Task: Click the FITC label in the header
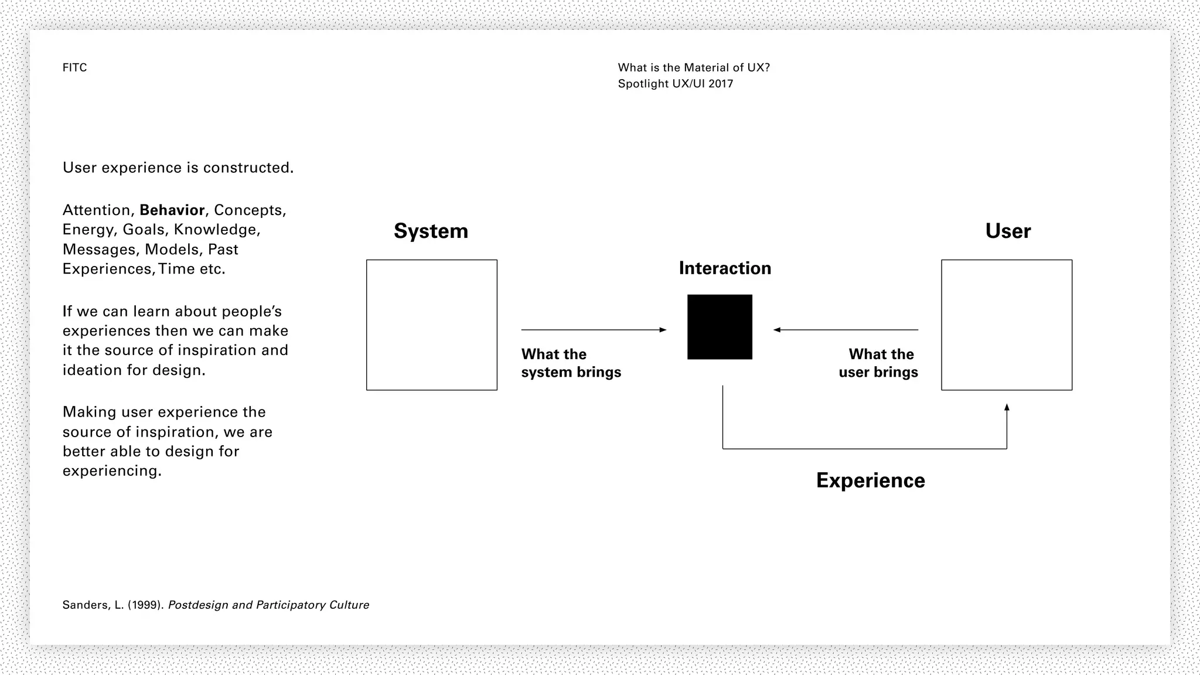[x=74, y=68]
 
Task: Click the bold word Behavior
[x=172, y=210]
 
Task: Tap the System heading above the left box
[x=431, y=231]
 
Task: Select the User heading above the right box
[x=1008, y=231]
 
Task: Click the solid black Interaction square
[x=720, y=327]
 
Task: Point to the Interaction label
[x=725, y=268]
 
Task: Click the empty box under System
[x=432, y=325]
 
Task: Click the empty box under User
[x=1007, y=325]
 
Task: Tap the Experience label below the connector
[x=870, y=480]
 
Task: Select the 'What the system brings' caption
[x=571, y=363]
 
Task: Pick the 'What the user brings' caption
[x=878, y=363]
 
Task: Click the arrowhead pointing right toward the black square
[x=663, y=330]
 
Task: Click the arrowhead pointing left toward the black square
[x=777, y=330]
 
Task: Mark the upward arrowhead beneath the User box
[x=1007, y=407]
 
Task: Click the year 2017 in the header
[x=721, y=84]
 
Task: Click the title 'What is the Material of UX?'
[x=694, y=68]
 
